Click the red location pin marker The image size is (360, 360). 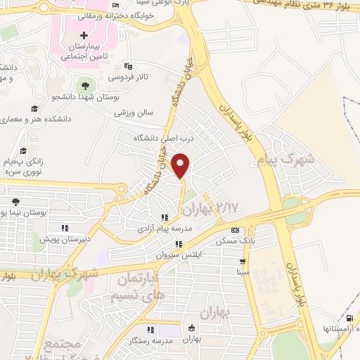click(x=181, y=165)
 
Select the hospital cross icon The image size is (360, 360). click(x=84, y=35)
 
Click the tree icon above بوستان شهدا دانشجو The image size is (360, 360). click(x=86, y=85)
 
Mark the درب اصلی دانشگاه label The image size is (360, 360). click(x=158, y=139)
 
